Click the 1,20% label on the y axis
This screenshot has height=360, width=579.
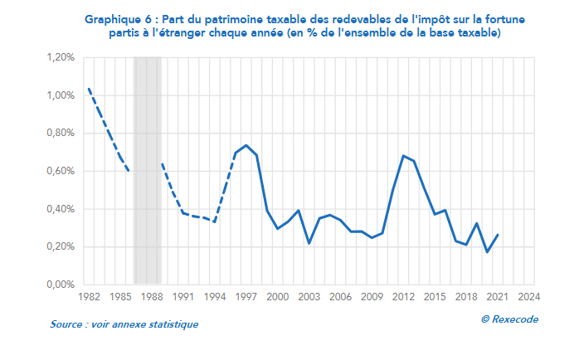(61, 58)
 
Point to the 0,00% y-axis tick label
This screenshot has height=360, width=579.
(61, 285)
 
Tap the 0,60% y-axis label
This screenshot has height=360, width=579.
(61, 171)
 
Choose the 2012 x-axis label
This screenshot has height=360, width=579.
(403, 297)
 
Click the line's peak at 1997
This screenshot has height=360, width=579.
(246, 145)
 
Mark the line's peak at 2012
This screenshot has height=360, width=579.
(403, 156)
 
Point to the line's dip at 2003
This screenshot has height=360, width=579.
(309, 243)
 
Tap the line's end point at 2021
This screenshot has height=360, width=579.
(498, 235)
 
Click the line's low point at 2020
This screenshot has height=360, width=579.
(487, 252)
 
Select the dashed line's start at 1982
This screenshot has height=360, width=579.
(88, 88)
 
